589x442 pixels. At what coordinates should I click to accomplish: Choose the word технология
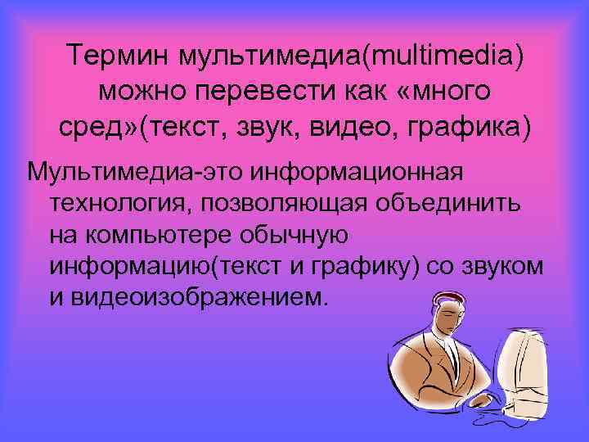click(x=113, y=204)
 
